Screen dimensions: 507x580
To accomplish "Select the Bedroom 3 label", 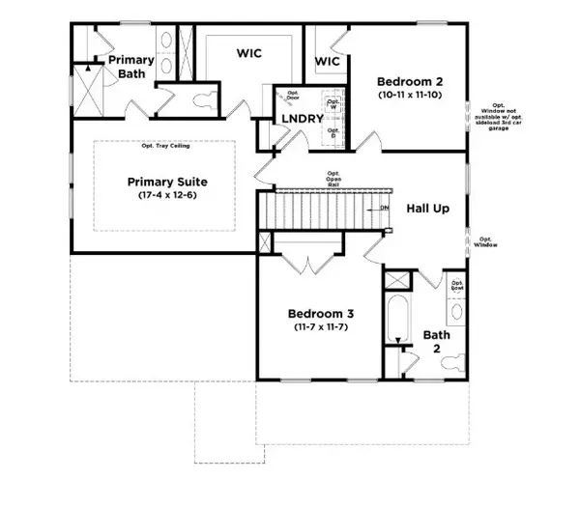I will pos(320,314).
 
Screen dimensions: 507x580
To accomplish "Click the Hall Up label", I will pos(425,208).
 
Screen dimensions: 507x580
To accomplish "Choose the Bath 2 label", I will pos(437,342).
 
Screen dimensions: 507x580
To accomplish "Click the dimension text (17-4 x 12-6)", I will pos(167,196).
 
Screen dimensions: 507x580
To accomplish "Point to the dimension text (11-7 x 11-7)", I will pos(320,328).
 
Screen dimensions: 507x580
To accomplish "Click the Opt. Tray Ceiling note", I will pos(166,146).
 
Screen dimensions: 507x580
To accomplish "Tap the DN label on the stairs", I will pos(384,208).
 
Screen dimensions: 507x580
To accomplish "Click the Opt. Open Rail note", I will pos(331,177).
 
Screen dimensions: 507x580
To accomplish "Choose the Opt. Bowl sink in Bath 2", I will pos(457,308).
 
